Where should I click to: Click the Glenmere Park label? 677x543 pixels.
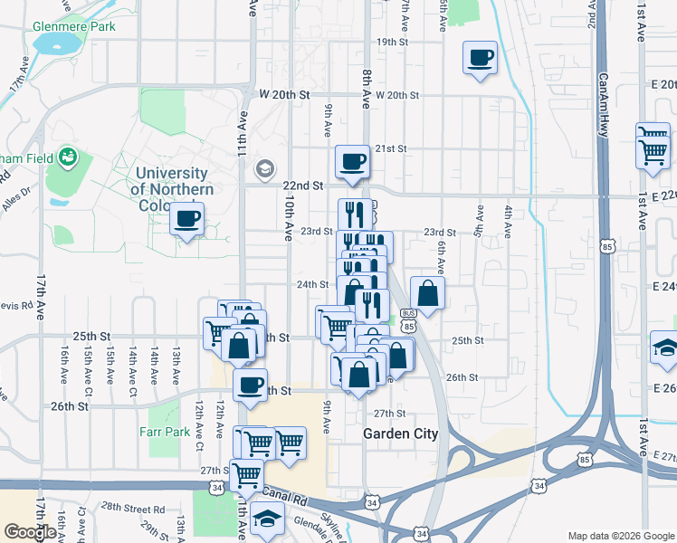pos(73,26)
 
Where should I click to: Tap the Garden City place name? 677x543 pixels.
pos(400,433)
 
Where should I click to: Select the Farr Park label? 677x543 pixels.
pos(165,432)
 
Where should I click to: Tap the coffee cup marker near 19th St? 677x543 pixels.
pos(480,59)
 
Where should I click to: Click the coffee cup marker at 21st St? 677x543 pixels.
pos(352,163)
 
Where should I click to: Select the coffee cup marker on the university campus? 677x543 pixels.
pos(186,219)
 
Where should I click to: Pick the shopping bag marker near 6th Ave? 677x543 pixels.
pos(427,293)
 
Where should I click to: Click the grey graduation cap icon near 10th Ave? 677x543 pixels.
pos(264,167)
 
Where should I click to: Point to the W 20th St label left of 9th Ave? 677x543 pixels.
pos(284,94)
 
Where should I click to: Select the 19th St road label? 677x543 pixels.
pos(393,42)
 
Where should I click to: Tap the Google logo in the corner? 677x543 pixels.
pos(31,532)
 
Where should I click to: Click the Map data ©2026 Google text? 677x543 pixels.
pos(620,535)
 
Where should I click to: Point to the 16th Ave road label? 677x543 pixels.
pos(65,363)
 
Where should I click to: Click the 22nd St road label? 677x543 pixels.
pos(302,185)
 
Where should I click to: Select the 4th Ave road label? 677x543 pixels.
pos(509,222)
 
